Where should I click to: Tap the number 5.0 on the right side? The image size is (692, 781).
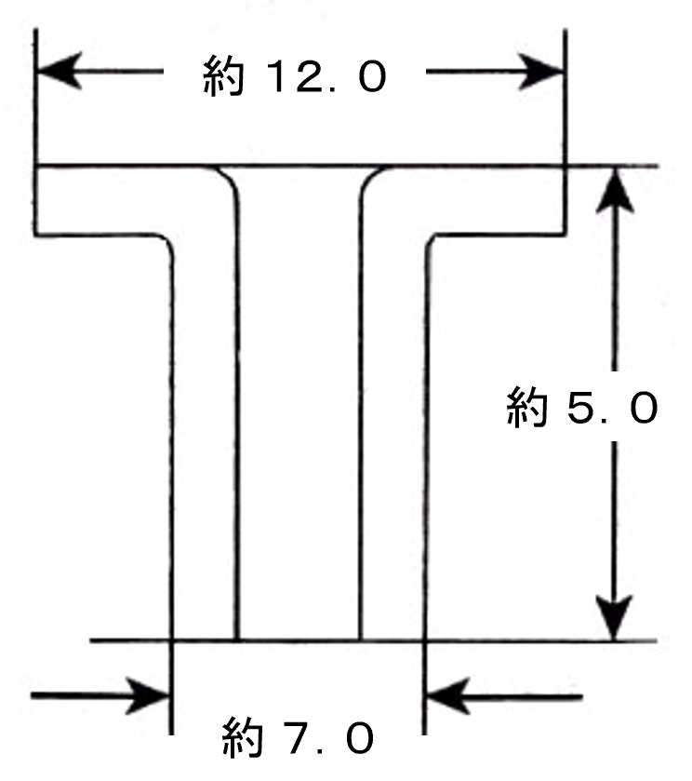(610, 408)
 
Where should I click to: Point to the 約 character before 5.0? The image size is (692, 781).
(527, 408)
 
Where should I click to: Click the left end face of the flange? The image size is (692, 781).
(35, 199)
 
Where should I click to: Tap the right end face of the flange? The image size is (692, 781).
(565, 199)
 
